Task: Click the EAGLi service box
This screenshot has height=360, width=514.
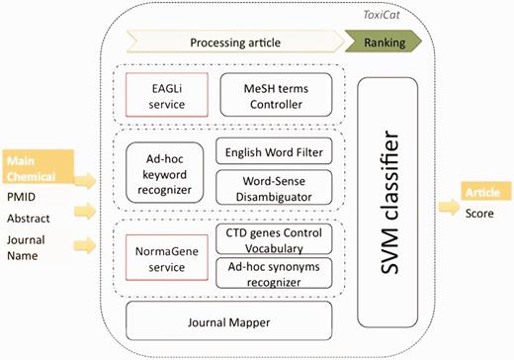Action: click(x=162, y=93)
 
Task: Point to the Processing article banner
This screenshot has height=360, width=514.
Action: click(x=229, y=43)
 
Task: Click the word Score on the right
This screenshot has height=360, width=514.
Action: click(x=481, y=211)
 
